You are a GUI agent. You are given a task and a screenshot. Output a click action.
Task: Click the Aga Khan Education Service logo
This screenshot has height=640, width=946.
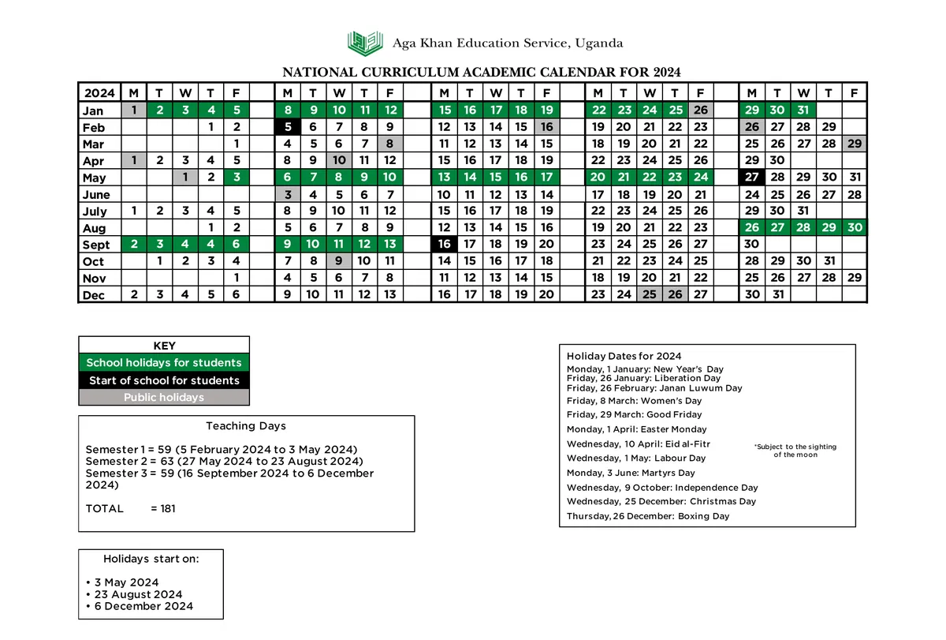(x=367, y=43)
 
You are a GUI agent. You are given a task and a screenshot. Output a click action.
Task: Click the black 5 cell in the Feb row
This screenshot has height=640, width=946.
(x=288, y=127)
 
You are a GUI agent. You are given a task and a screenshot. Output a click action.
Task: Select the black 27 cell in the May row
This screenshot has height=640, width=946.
(x=752, y=178)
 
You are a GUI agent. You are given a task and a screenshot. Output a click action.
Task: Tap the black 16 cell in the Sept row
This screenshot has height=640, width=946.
(x=444, y=245)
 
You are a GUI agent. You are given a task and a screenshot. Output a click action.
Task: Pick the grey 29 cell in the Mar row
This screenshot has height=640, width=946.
(x=854, y=144)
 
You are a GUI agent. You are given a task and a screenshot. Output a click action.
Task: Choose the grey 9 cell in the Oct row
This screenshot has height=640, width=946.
(x=338, y=261)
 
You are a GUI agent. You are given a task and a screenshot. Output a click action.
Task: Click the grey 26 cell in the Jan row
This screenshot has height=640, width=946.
(x=700, y=110)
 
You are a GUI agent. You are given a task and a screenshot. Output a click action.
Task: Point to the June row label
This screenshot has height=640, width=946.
(x=96, y=195)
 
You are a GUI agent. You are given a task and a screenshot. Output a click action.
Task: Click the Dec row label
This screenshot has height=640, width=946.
(x=94, y=295)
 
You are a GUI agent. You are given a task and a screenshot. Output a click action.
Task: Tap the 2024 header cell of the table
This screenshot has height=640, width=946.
(x=99, y=93)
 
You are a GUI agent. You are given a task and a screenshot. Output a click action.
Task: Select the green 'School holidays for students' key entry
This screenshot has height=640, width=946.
(x=164, y=363)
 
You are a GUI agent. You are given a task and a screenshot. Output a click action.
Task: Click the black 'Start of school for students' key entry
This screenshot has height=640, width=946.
(x=164, y=380)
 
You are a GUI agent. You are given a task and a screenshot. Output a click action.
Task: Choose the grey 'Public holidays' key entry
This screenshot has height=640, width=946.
(x=164, y=398)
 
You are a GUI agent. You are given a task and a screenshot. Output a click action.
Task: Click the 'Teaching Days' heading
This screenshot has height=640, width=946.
(x=246, y=426)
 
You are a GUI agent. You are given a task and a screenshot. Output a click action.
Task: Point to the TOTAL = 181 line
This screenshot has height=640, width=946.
(x=130, y=509)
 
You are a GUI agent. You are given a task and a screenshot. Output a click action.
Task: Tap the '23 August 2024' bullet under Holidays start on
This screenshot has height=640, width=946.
(x=138, y=594)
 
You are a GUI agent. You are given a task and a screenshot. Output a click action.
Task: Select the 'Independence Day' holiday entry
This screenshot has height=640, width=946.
(x=662, y=488)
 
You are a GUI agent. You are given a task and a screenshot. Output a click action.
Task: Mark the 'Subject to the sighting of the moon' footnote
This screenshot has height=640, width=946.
(x=795, y=451)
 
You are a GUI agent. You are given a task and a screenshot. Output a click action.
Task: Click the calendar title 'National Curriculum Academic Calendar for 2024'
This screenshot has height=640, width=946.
(x=481, y=72)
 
